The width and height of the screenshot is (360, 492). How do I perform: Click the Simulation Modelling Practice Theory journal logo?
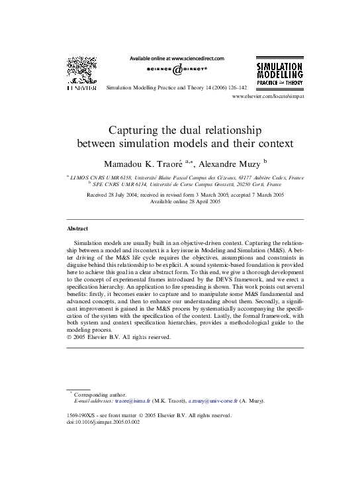[x=279, y=75]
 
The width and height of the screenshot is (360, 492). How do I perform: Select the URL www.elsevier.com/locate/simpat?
[x=268, y=97]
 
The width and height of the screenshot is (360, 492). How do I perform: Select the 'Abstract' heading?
[x=77, y=228]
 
